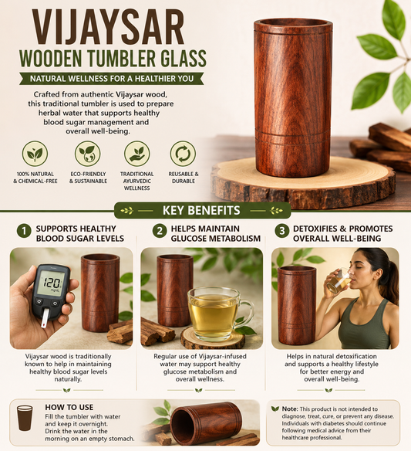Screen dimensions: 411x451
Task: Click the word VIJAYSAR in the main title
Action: click(x=108, y=27)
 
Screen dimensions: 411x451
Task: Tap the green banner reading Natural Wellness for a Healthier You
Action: click(x=112, y=79)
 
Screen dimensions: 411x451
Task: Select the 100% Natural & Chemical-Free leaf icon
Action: click(x=35, y=154)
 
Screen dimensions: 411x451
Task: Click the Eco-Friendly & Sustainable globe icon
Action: click(x=88, y=154)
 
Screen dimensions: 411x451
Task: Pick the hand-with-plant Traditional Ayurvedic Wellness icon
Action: click(x=136, y=154)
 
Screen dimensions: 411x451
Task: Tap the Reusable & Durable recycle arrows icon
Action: click(x=183, y=154)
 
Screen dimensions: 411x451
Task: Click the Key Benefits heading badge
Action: click(x=202, y=211)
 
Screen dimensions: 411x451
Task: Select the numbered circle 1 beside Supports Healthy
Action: click(x=24, y=231)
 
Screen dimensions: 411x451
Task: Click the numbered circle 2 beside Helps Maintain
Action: click(x=160, y=231)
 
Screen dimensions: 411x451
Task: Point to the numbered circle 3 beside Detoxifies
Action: click(x=281, y=231)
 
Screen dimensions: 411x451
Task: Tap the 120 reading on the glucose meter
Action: click(x=52, y=283)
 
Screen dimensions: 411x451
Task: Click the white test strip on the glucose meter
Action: click(x=45, y=318)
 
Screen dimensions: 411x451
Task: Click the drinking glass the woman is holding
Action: click(x=339, y=280)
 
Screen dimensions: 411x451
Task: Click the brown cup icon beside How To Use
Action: click(x=25, y=418)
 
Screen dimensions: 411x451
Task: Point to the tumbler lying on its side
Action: click(x=206, y=421)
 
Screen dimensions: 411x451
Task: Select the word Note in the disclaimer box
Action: click(x=289, y=409)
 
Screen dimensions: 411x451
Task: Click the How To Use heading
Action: click(x=69, y=407)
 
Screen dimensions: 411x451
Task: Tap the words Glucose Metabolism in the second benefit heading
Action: click(x=216, y=239)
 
